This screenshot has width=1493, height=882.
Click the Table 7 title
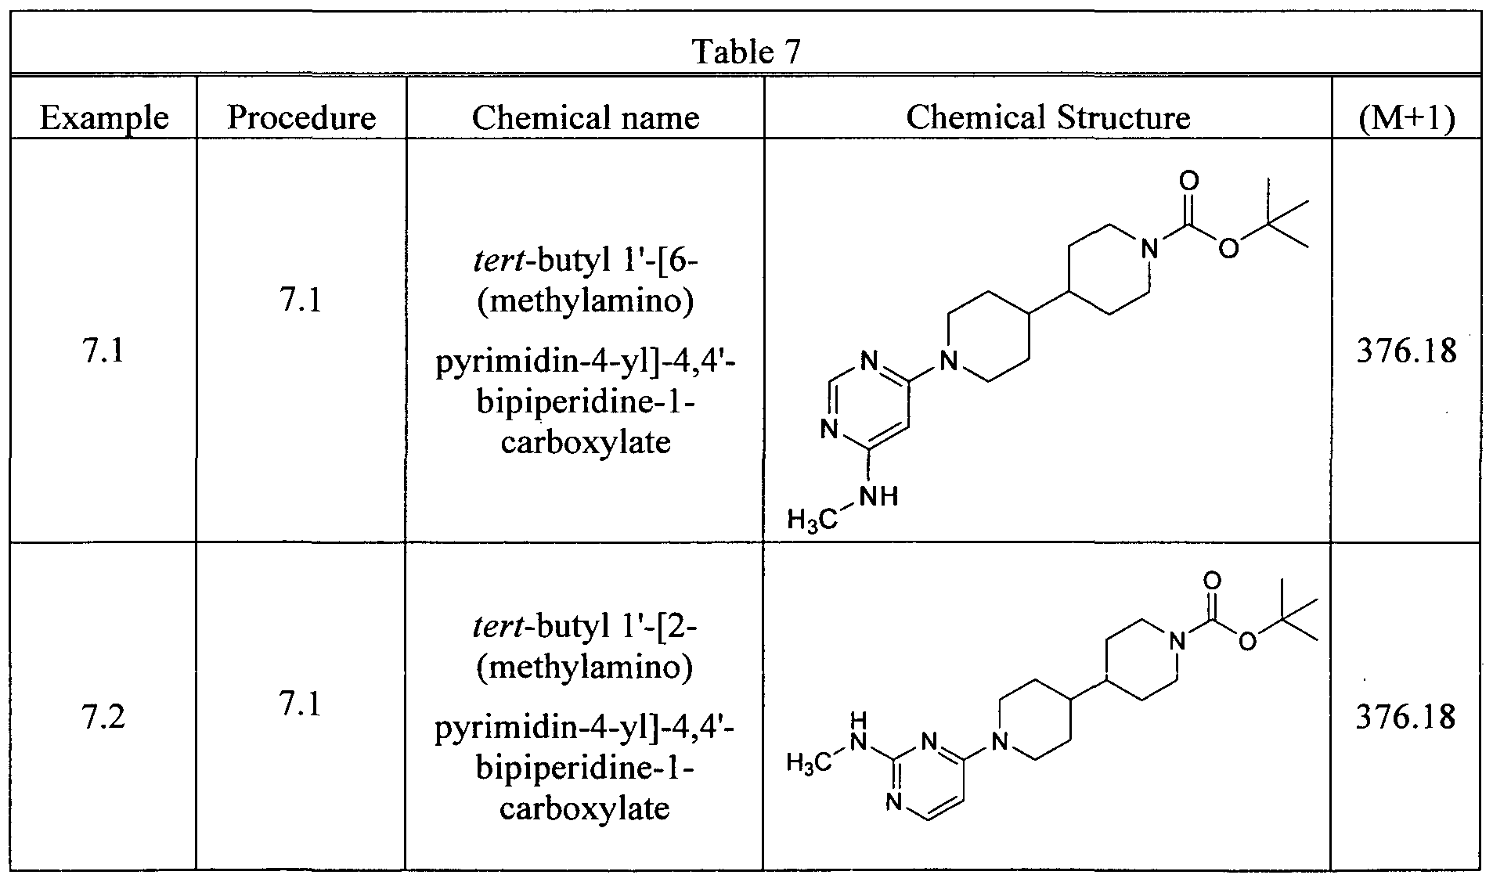point(747,52)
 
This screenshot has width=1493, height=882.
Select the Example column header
point(104,117)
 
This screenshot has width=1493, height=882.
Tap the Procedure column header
point(301,117)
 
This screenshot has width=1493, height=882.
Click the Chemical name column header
point(586,117)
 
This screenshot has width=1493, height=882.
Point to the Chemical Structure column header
point(1048,117)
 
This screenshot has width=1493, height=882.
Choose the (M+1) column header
point(1407,118)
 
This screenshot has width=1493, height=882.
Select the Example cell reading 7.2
point(103,717)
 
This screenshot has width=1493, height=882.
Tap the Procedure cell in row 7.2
point(301,705)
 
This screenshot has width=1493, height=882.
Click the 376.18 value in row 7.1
point(1406,351)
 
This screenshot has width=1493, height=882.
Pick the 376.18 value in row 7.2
point(1406,717)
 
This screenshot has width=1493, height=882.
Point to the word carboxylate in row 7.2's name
point(585,808)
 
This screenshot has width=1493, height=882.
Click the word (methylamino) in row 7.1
point(586,301)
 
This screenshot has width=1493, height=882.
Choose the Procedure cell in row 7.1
point(301,301)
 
